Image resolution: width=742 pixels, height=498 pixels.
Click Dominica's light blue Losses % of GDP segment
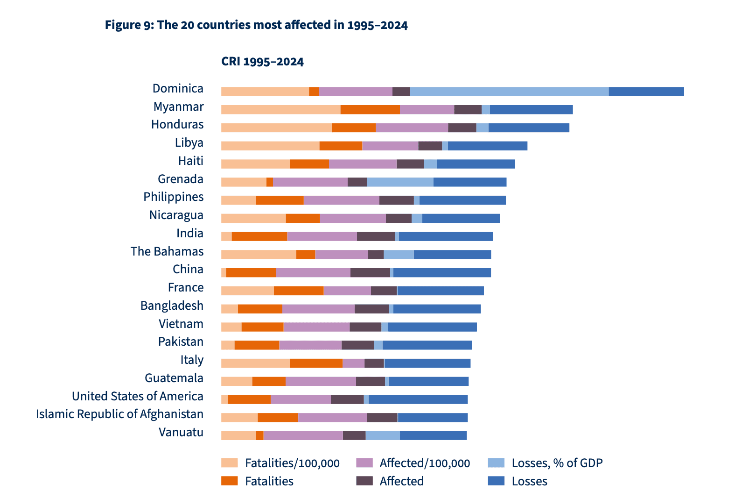(509, 92)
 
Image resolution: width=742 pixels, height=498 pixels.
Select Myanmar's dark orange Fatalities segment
(370, 110)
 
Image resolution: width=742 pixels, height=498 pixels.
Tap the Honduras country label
(177, 125)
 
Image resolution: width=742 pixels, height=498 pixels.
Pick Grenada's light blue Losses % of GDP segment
(400, 182)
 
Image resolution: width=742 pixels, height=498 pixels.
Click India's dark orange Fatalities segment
(259, 236)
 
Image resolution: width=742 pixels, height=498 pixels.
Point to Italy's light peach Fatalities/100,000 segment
(255, 363)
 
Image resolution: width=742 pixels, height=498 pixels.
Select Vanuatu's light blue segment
(383, 435)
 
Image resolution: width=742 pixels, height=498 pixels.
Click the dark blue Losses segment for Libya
(487, 146)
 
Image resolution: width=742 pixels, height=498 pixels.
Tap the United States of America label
(138, 397)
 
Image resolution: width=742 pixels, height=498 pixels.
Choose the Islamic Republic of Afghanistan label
(120, 414)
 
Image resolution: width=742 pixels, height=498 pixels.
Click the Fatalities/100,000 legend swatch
(230, 463)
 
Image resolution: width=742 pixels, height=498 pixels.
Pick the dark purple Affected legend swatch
(364, 481)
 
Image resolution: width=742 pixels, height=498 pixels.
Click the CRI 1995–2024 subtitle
(262, 62)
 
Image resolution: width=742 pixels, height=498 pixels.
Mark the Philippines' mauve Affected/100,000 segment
(341, 200)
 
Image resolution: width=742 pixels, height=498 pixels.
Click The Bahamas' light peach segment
(259, 255)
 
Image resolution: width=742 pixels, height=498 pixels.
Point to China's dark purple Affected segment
(370, 273)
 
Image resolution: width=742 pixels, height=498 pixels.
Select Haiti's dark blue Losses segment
(476, 164)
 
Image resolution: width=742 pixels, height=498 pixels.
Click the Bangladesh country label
(172, 306)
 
